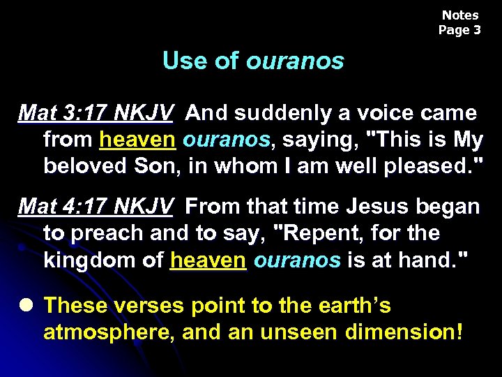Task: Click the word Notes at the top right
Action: pyautogui.click(x=460, y=15)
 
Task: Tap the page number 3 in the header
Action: pyautogui.click(x=477, y=30)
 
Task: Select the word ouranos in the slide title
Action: pyautogui.click(x=295, y=61)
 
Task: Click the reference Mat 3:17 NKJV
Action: pyautogui.click(x=96, y=112)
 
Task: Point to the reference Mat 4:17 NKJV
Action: pyautogui.click(x=96, y=207)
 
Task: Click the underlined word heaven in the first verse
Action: pyautogui.click(x=137, y=140)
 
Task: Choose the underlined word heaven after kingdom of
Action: pyautogui.click(x=208, y=260)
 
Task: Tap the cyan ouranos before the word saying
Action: pyautogui.click(x=226, y=140)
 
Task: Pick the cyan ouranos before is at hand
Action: pyautogui.click(x=297, y=260)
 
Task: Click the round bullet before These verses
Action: pyautogui.click(x=26, y=306)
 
